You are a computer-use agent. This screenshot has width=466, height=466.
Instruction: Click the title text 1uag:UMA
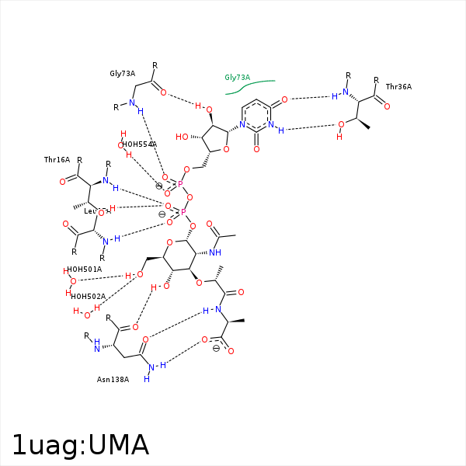(81, 444)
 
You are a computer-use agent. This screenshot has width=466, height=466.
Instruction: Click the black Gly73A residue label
(123, 74)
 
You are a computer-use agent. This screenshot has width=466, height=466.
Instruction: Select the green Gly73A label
(237, 78)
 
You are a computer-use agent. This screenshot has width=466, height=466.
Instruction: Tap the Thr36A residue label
(398, 87)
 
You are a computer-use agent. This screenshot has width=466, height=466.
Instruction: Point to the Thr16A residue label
(57, 160)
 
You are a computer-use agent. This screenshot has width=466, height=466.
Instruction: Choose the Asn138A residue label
(113, 379)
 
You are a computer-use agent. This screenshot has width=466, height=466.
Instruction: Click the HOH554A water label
(140, 144)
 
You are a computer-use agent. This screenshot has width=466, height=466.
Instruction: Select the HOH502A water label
(88, 296)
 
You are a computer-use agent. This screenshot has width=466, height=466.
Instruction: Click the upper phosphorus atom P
(180, 184)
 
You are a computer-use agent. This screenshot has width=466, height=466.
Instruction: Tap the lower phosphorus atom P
(184, 211)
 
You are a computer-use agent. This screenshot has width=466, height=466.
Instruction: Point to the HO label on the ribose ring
(181, 137)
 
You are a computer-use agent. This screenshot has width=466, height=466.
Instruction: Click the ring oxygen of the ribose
(225, 150)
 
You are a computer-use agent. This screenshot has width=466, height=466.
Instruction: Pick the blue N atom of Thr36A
(336, 96)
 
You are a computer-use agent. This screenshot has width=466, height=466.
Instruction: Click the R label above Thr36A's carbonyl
(376, 80)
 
